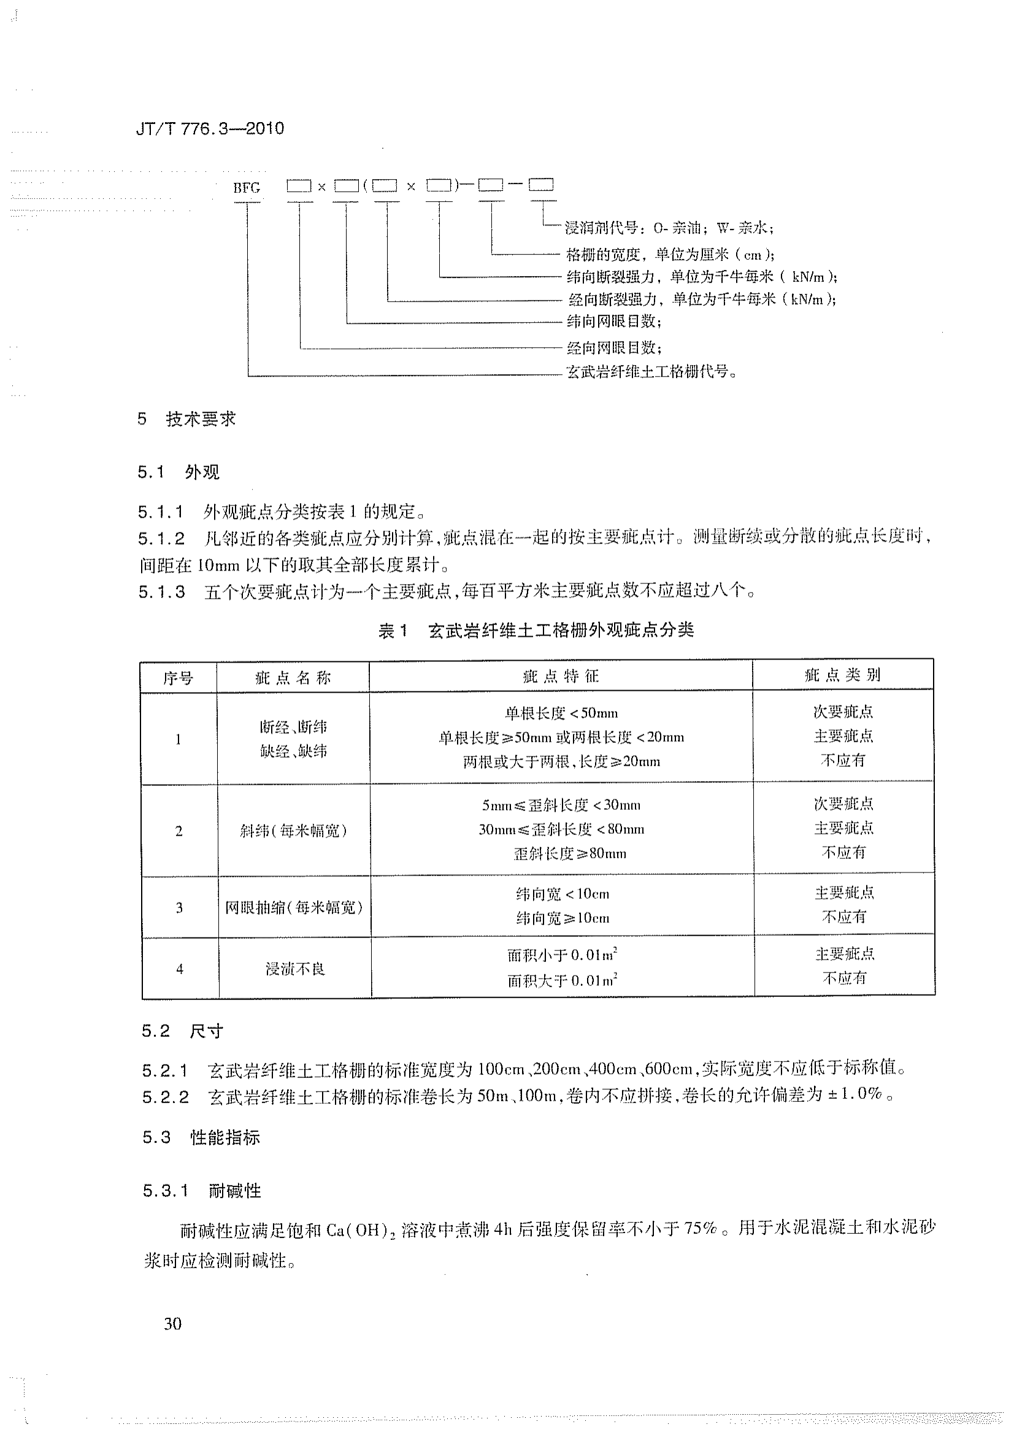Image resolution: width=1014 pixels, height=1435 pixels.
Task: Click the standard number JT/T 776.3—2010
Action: pos(210,129)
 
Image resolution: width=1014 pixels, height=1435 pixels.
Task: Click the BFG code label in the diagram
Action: pos(246,188)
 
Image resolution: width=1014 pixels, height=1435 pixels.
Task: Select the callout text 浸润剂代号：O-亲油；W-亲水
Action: pos(669,228)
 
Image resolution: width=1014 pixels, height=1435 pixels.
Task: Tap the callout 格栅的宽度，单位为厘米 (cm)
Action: pos(670,255)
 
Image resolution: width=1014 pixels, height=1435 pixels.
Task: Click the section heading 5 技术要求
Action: pos(187,419)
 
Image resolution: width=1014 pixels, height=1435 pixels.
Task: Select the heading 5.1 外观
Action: pos(179,472)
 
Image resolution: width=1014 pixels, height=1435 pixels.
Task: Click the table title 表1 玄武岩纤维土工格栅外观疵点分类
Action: pos(536,631)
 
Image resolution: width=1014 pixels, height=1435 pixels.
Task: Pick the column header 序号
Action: pos(178,677)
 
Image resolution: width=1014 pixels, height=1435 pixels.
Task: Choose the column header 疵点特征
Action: pos(561,676)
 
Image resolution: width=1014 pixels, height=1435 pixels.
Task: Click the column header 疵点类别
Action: pos(842,675)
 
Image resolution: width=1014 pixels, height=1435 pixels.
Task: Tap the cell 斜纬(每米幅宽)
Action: pos(293,831)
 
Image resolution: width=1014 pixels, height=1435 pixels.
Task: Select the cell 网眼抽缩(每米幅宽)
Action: pos(294,907)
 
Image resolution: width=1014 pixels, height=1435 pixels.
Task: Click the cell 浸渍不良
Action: pos(295,969)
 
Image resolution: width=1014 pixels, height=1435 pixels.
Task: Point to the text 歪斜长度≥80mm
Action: pos(569,854)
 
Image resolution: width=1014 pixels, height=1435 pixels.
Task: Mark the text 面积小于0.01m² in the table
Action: pos(562,955)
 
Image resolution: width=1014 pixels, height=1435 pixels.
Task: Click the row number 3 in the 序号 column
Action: pos(179,907)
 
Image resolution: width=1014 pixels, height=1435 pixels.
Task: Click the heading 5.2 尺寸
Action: pos(182,1031)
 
